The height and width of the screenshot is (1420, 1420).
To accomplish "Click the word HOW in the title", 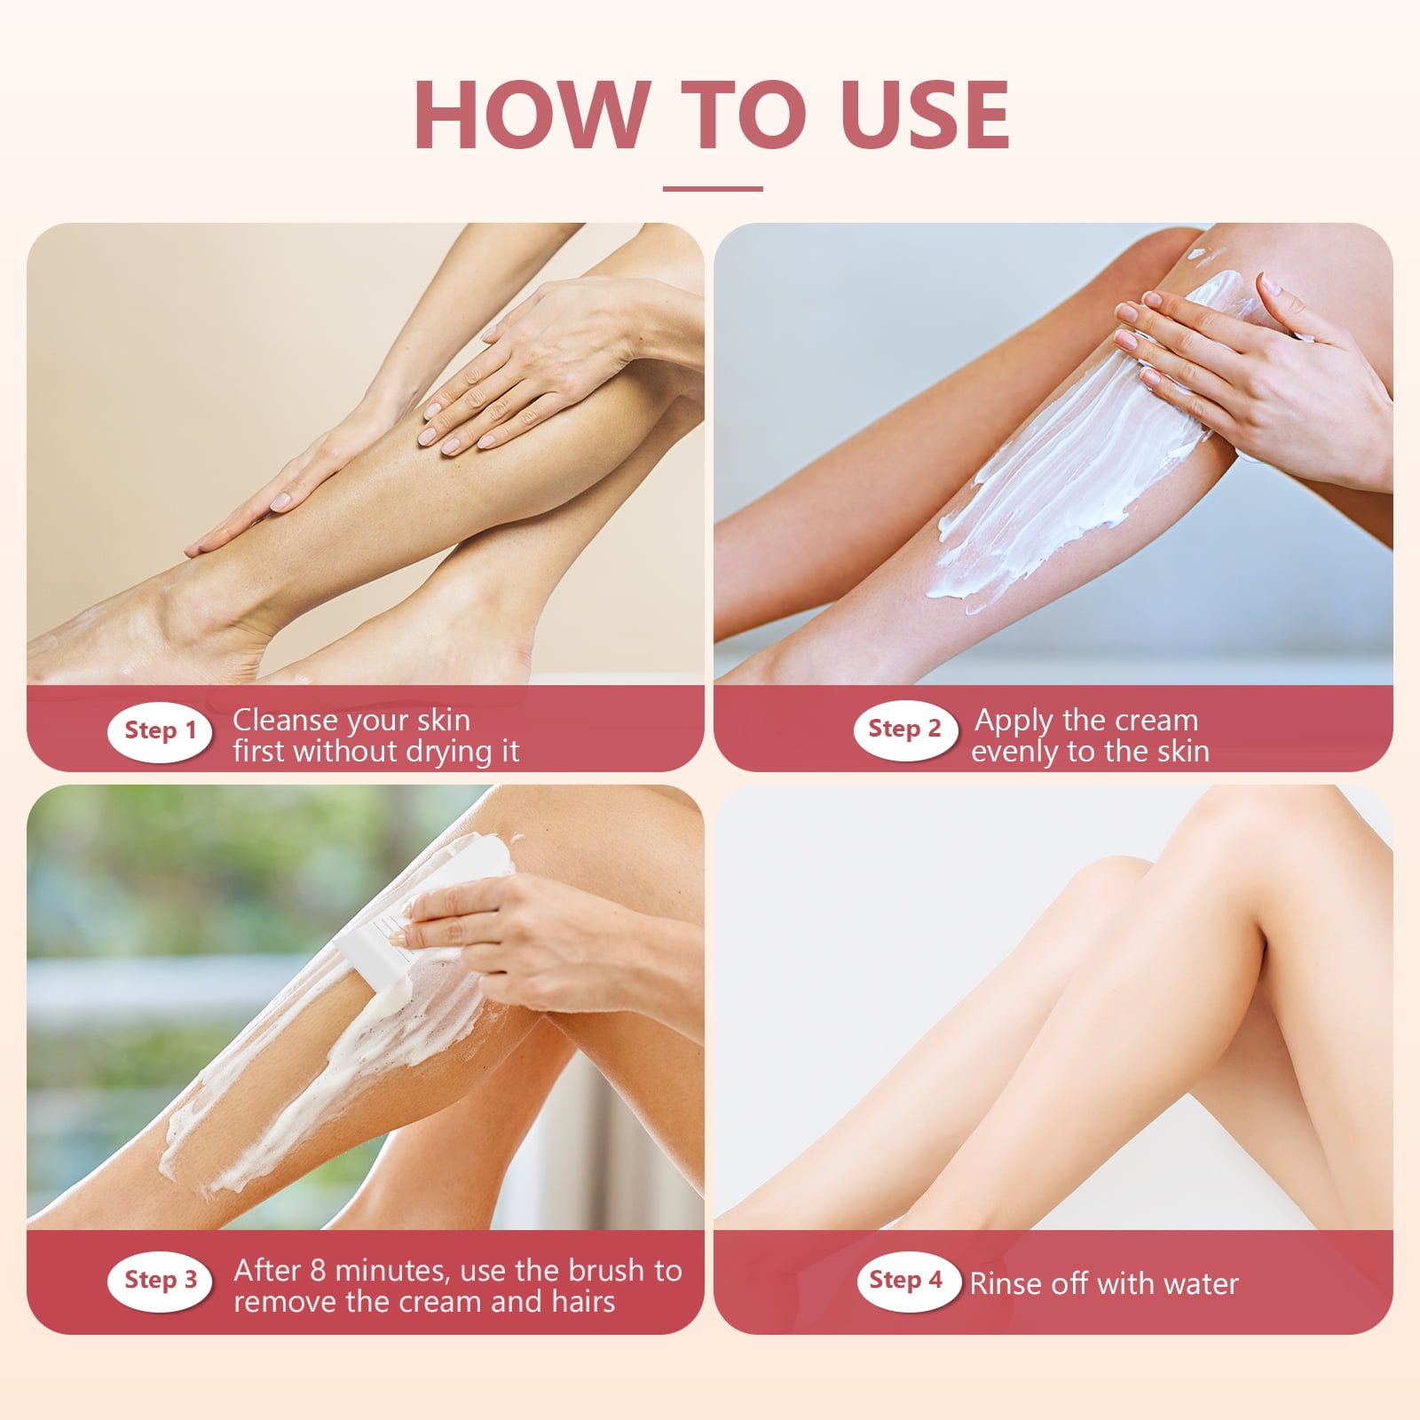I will (531, 115).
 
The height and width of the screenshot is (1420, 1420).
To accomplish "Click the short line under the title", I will (713, 188).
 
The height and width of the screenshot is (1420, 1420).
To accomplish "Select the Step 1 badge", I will (160, 731).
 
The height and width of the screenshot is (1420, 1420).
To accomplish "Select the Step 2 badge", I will (905, 730).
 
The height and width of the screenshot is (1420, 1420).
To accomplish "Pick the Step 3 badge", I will (160, 1280).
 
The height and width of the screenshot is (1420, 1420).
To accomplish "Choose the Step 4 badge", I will (907, 1280).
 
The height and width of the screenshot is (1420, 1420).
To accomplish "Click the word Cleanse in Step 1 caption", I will (285, 720).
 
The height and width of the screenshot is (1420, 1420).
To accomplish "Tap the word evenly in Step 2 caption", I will (1014, 752).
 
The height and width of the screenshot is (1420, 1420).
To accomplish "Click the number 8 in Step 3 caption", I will (317, 1270).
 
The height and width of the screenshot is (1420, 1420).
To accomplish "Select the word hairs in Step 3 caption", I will (582, 1302).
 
